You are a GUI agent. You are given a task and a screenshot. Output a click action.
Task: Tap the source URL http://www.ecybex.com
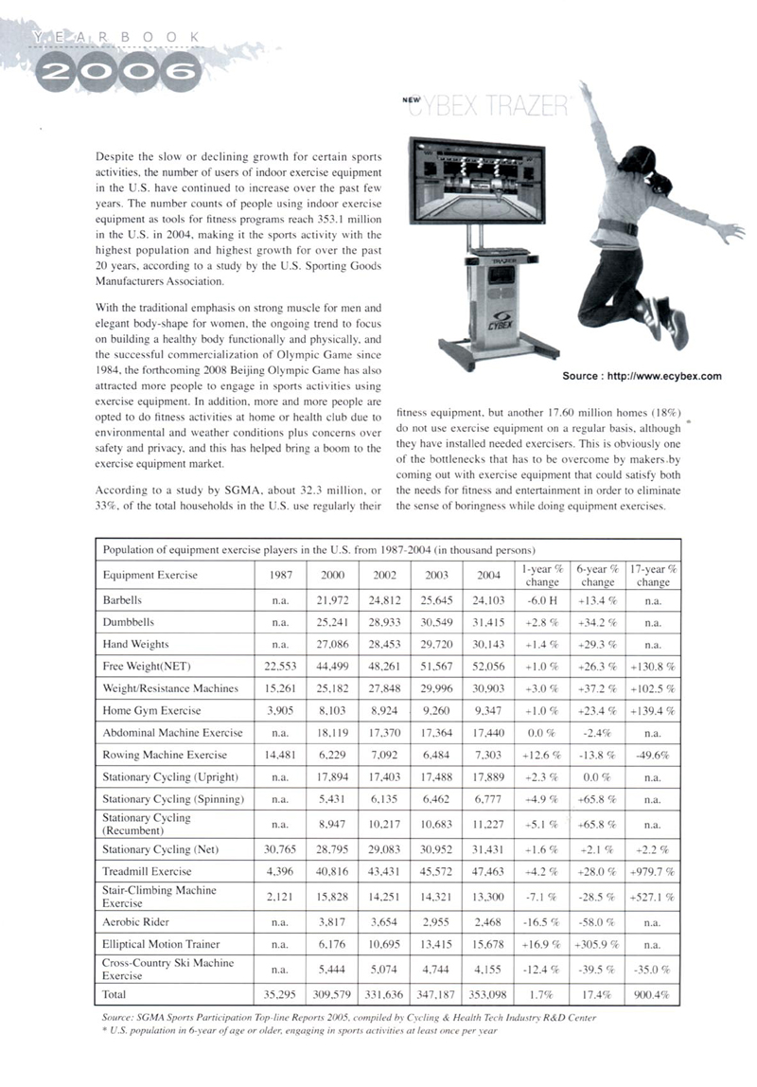click(x=642, y=376)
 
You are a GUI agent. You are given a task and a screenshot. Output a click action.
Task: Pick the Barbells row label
click(x=122, y=600)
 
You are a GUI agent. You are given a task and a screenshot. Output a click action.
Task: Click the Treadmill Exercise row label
click(x=147, y=869)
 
